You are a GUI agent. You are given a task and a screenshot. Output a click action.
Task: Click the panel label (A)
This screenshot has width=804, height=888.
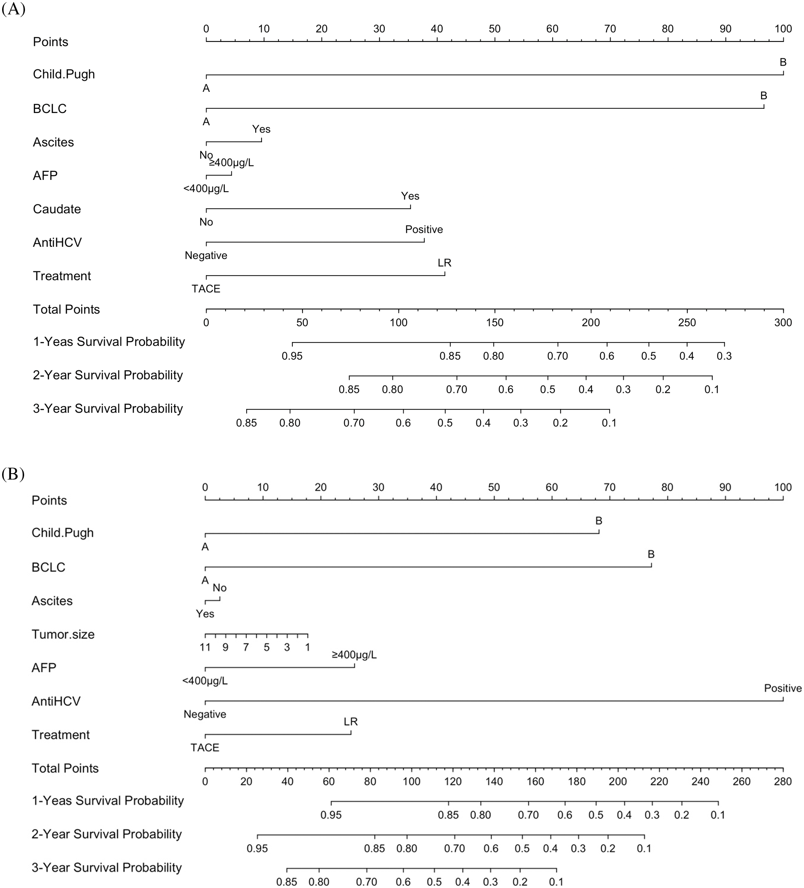13,9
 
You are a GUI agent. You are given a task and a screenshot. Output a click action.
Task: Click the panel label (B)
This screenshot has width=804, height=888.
13,474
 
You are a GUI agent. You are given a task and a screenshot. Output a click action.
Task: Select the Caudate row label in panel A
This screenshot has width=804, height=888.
57,209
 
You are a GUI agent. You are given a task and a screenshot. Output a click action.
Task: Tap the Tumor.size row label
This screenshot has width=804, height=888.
63,634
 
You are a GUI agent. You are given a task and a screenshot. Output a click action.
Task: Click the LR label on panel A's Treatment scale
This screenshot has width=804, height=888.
444,263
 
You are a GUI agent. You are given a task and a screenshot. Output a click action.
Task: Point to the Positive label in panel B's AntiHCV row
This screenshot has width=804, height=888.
782,688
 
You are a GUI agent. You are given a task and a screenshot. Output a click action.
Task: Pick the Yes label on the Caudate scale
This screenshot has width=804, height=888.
410,196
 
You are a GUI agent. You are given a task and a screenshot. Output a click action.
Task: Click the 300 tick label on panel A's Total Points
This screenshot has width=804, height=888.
783,323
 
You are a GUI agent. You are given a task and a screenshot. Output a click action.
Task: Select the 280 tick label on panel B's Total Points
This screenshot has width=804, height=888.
782,781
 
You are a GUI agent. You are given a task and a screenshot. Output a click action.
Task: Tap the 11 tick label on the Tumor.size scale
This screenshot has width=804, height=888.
205,648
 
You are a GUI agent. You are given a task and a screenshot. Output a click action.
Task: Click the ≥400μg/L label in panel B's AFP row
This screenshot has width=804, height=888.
354,655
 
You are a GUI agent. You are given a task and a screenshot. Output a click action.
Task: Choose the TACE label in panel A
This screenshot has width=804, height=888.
206,289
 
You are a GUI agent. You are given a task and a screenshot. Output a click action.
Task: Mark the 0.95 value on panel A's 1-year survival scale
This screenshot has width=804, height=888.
292,356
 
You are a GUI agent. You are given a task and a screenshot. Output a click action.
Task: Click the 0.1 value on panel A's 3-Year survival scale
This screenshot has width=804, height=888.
609,423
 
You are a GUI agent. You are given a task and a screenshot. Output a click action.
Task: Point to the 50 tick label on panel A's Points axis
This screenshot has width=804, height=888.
495,29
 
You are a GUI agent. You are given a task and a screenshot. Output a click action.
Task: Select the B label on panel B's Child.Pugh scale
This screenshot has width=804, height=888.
598,521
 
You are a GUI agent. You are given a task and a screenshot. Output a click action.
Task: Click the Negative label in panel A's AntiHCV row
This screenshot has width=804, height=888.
206,256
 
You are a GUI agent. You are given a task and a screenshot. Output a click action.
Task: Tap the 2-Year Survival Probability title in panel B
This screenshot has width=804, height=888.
107,834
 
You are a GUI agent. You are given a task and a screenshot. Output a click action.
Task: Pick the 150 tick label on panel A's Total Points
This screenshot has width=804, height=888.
495,323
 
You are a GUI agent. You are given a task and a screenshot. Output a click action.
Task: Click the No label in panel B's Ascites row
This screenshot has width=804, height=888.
219,587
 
